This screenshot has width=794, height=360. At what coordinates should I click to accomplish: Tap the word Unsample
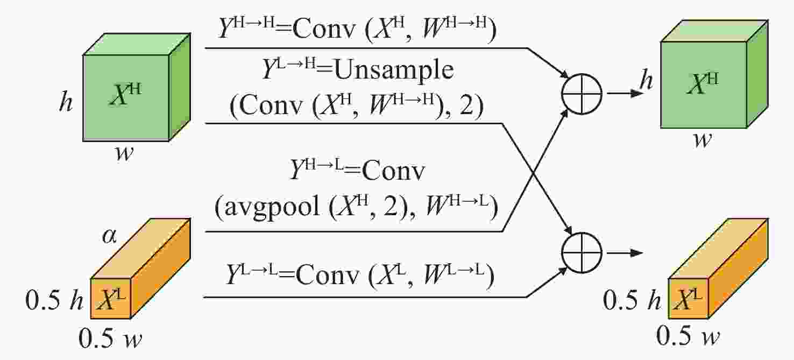point(394,70)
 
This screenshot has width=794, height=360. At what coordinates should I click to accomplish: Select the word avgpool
point(272,207)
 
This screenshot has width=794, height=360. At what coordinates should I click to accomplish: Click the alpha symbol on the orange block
point(109,236)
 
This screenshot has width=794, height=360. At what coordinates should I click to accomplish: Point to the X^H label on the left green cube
point(125,95)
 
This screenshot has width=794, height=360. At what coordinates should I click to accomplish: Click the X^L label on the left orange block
point(111,299)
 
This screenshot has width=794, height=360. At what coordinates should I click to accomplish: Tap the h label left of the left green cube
point(66,102)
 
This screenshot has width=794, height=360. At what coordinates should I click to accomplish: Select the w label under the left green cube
point(125,153)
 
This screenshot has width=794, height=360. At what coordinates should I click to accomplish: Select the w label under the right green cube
point(702,140)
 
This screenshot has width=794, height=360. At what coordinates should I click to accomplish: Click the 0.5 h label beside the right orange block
point(632,300)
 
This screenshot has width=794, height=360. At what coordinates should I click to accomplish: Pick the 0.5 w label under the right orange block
point(687,335)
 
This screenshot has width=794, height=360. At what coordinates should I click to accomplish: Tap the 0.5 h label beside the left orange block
point(54,300)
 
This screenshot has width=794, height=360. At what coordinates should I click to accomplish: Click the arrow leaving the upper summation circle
point(625,94)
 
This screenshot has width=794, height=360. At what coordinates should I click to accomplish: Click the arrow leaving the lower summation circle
point(625,253)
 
